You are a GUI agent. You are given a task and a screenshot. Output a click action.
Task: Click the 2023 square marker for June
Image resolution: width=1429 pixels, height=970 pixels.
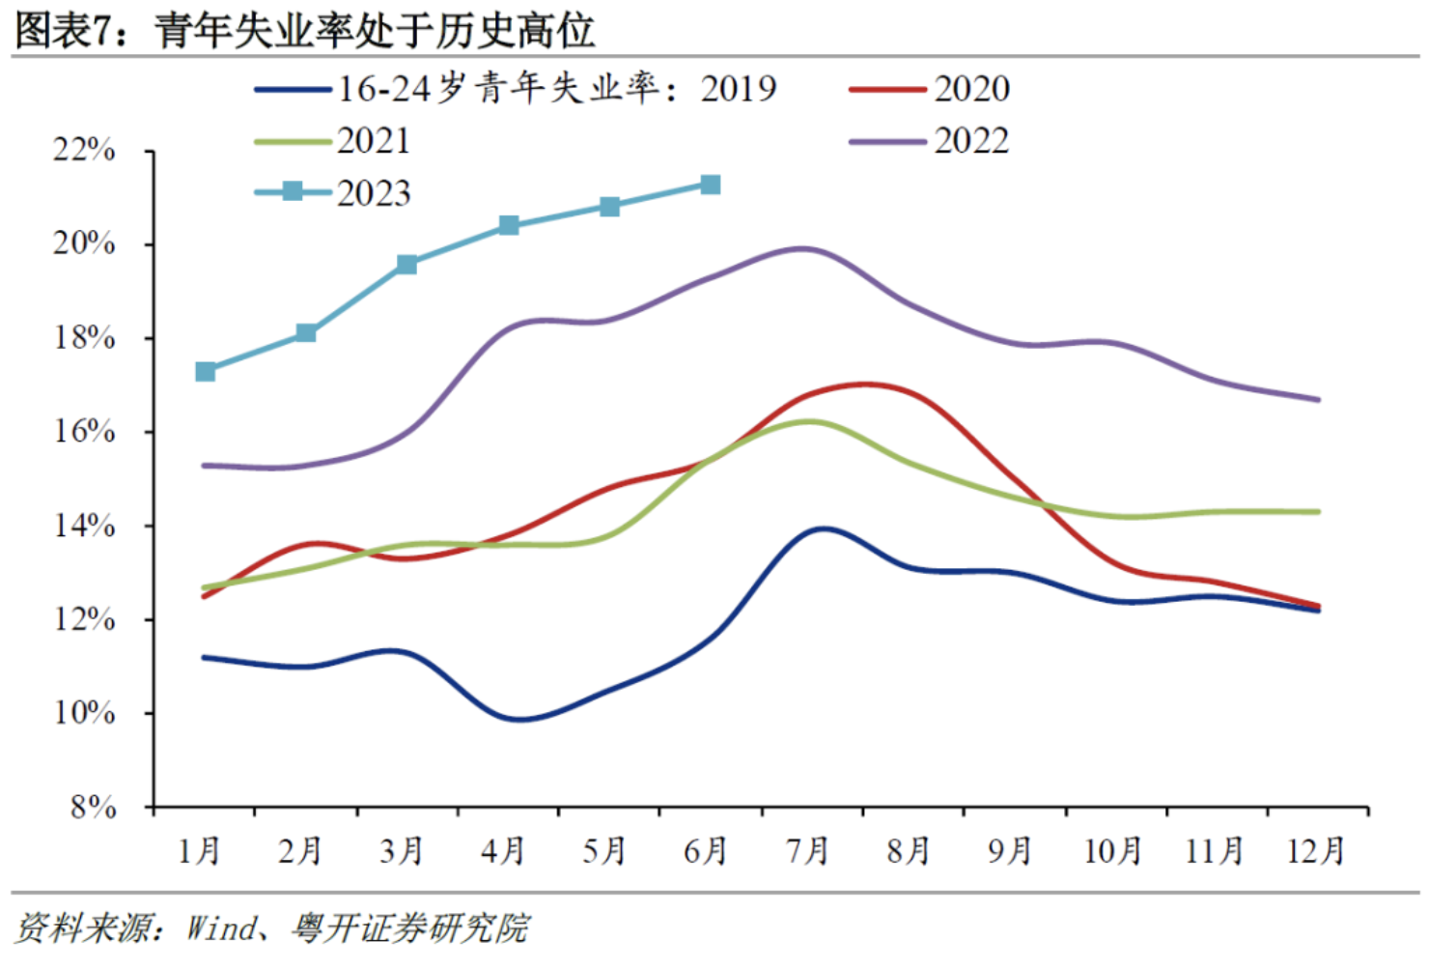(x=711, y=185)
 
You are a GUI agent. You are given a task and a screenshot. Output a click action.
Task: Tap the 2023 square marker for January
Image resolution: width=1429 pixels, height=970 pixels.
(x=206, y=372)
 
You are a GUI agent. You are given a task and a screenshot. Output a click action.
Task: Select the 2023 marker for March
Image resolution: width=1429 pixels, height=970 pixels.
(x=407, y=265)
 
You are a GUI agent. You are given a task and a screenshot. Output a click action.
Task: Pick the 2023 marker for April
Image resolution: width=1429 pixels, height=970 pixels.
(x=509, y=226)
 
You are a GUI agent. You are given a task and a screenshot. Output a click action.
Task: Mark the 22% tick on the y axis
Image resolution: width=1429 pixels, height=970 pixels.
(x=84, y=151)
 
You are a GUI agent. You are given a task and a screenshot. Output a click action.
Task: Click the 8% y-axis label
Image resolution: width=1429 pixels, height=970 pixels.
(x=94, y=807)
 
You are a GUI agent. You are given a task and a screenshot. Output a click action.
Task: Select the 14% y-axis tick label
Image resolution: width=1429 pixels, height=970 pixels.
(x=84, y=526)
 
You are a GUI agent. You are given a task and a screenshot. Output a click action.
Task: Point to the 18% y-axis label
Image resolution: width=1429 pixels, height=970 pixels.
(x=84, y=338)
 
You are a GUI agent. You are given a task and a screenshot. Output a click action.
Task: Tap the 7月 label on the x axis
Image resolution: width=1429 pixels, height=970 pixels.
(x=807, y=851)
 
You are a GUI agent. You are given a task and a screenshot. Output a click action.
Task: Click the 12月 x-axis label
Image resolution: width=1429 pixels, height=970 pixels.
(x=1316, y=851)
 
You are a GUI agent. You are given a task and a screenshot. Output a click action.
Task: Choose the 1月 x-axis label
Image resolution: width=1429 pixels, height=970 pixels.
(x=200, y=851)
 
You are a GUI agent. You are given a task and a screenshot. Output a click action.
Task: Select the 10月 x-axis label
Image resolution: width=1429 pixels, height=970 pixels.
(x=1112, y=851)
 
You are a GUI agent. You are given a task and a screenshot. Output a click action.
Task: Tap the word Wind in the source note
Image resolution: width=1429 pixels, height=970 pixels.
(x=222, y=928)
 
